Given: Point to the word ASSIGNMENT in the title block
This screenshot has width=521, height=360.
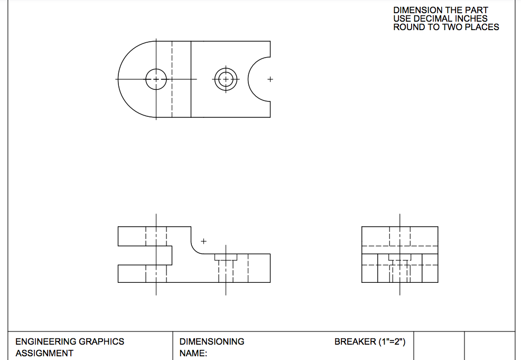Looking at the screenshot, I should pyautogui.click(x=44, y=353).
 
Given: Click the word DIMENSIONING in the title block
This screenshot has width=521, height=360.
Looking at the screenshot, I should pyautogui.click(x=212, y=341).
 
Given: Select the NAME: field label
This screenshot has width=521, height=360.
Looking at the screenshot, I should pyautogui.click(x=193, y=353).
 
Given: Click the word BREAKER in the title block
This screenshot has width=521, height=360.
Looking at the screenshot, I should pyautogui.click(x=355, y=341).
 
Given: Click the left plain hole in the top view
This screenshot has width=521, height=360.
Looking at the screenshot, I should pyautogui.click(x=156, y=79).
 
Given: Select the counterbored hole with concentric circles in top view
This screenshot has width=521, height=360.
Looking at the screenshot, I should pyautogui.click(x=226, y=79).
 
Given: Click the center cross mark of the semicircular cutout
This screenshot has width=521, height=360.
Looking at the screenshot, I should pyautogui.click(x=270, y=79).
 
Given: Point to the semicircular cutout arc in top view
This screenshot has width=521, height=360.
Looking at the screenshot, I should pyautogui.click(x=249, y=79).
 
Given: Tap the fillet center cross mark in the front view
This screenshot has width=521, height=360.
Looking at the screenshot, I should pyautogui.click(x=204, y=242).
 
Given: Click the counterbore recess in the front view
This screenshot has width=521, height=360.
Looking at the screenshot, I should pyautogui.click(x=226, y=257).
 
